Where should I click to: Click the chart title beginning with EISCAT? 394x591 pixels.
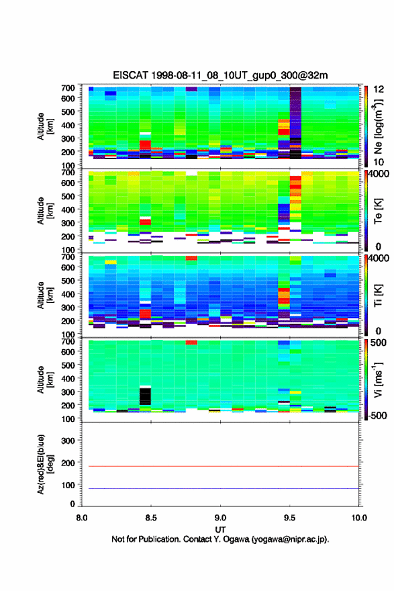tap(220, 75)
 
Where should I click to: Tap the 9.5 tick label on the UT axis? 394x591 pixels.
tap(290, 518)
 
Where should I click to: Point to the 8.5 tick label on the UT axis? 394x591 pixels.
tap(151, 518)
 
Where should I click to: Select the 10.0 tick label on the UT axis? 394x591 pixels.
tap(359, 518)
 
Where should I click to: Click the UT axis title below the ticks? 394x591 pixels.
tap(220, 530)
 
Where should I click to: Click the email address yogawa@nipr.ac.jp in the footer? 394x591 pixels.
tap(290, 539)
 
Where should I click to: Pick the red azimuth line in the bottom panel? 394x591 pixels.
tap(220, 466)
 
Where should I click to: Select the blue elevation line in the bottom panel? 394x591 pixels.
tap(220, 488)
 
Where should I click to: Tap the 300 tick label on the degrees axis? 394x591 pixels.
tap(68, 441)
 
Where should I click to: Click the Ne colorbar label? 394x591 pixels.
tap(378, 127)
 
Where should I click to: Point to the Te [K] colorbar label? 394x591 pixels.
tap(378, 211)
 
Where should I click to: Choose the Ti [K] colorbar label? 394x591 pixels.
tap(378, 295)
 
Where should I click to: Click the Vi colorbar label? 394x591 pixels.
tap(378, 380)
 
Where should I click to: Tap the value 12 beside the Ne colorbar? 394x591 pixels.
tap(379, 89)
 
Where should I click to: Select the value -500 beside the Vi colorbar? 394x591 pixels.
tap(377, 415)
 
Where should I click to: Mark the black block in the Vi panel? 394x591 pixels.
tap(145, 396)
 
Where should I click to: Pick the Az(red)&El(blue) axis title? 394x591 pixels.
tap(45, 464)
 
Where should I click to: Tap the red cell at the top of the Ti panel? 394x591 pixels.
tap(191, 258)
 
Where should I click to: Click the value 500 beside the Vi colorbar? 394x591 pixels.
tap(378, 343)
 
